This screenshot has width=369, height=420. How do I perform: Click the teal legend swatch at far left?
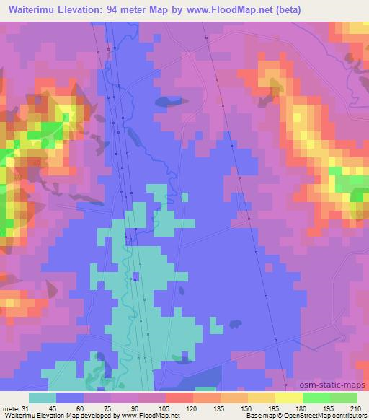pyautogui.click(x=43, y=398)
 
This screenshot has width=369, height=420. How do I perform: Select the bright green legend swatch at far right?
pyautogui.click(x=344, y=398)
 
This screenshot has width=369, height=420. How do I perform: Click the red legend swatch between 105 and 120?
pyautogui.click(x=179, y=398)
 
